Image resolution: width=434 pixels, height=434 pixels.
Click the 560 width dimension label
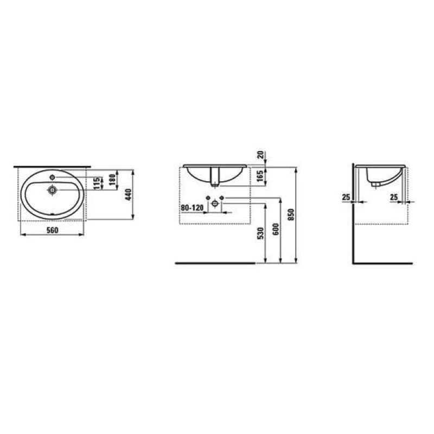click(x=52, y=231)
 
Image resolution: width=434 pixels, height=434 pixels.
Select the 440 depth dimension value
click(x=129, y=194)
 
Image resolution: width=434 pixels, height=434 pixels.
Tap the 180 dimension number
click(x=112, y=182)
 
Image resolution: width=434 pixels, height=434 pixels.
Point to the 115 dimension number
click(x=96, y=183)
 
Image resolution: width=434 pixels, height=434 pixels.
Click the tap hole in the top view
click(x=53, y=177)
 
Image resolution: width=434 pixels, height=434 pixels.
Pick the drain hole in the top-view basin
click(x=53, y=190)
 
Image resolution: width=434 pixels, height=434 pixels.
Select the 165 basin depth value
click(x=260, y=175)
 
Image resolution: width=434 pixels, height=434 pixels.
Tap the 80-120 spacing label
click(x=192, y=207)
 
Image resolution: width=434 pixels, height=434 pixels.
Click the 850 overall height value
click(x=291, y=215)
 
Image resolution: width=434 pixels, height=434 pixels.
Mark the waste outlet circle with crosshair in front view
click(x=215, y=204)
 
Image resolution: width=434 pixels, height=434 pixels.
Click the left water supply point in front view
click(x=208, y=197)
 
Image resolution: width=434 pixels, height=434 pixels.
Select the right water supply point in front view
click(x=222, y=197)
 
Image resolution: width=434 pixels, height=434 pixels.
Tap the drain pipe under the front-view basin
click(x=215, y=176)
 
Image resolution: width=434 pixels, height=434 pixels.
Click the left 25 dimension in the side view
click(x=346, y=196)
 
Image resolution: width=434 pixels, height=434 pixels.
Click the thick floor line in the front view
click(x=215, y=263)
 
